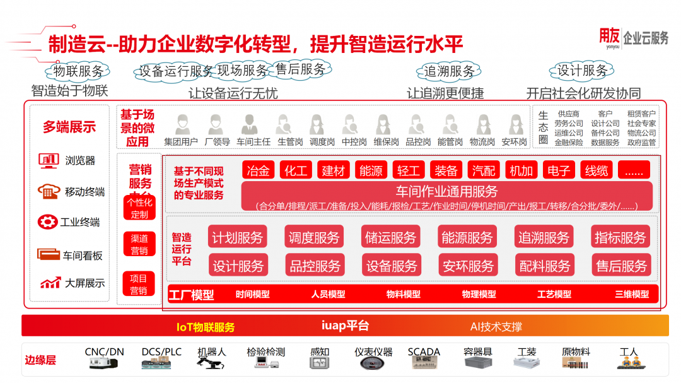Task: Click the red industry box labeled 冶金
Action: pyautogui.click(x=258, y=170)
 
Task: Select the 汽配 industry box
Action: pyautogui.click(x=484, y=170)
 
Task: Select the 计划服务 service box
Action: pyautogui.click(x=237, y=237)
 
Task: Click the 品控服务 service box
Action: pyautogui.click(x=314, y=266)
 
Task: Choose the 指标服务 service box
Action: pyautogui.click(x=620, y=237)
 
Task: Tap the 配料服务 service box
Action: pyautogui.click(x=544, y=266)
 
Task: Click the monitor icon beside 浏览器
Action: pyautogui.click(x=48, y=160)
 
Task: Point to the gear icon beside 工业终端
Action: pyautogui.click(x=47, y=222)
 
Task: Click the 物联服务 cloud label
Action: pyautogui.click(x=78, y=71)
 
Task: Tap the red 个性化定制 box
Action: pyautogui.click(x=139, y=208)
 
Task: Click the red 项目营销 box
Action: pyautogui.click(x=139, y=284)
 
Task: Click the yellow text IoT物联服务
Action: pyautogui.click(x=206, y=327)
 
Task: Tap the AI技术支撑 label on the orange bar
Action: pyautogui.click(x=496, y=327)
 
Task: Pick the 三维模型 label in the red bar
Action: pyautogui.click(x=631, y=294)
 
